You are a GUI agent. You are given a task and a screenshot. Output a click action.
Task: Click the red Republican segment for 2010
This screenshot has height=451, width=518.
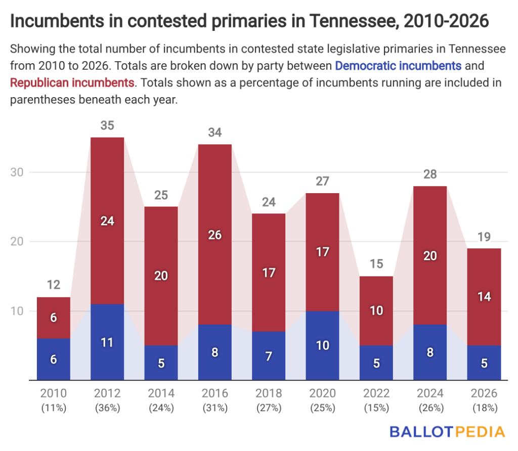[54, 318]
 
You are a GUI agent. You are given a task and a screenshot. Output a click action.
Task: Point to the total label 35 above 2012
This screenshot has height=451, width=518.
[107, 125]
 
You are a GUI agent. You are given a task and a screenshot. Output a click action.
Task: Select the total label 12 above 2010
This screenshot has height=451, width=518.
[54, 286]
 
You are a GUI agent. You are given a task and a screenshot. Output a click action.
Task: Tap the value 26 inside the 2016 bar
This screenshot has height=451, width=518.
[215, 235]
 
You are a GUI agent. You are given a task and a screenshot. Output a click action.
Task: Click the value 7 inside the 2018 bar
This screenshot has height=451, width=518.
[269, 356]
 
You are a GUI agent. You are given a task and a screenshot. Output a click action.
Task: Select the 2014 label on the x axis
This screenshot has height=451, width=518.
[161, 393]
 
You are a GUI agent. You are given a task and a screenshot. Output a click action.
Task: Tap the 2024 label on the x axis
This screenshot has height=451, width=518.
[430, 393]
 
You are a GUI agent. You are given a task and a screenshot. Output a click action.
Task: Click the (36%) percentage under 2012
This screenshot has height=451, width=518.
[107, 408]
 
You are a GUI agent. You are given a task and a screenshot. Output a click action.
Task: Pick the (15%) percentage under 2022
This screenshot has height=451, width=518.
[376, 408]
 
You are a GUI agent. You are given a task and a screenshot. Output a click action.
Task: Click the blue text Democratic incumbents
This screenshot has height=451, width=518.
[398, 66]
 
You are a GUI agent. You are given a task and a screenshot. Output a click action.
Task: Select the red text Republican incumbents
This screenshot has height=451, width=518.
[72, 82]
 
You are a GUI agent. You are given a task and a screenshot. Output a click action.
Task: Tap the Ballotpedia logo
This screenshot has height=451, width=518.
[447, 432]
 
